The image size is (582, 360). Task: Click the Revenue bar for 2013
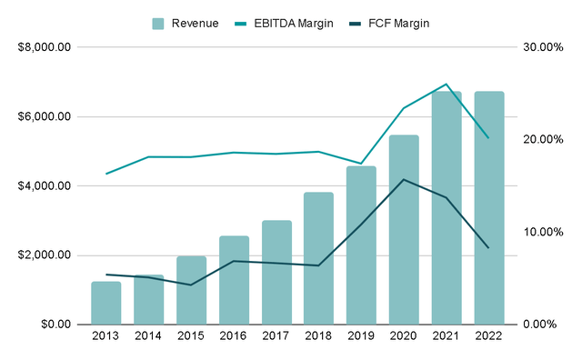(106, 303)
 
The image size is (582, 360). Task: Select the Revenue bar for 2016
(234, 280)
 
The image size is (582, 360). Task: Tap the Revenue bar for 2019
(361, 245)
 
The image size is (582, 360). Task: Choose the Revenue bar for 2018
(318, 258)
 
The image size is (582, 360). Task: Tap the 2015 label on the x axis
(191, 339)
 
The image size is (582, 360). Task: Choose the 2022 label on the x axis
(489, 339)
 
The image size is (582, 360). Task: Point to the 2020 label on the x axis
(404, 339)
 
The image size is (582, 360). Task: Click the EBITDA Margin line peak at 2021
(447, 85)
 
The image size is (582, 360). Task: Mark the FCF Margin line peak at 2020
(404, 179)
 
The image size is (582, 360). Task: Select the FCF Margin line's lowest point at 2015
(191, 285)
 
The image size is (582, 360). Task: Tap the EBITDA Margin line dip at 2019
(361, 164)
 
